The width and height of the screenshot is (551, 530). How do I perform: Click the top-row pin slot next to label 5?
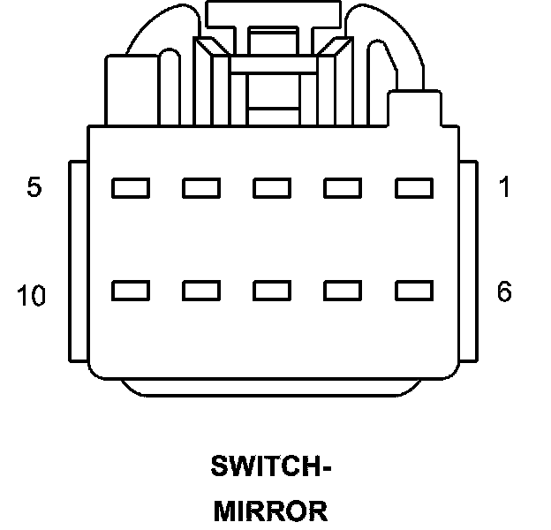pyautogui.click(x=130, y=188)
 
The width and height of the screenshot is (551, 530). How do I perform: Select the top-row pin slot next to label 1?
pyautogui.click(x=413, y=188)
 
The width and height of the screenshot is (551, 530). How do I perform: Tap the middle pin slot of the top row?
pyautogui.click(x=271, y=188)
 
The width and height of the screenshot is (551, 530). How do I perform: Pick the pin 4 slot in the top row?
pyautogui.click(x=200, y=188)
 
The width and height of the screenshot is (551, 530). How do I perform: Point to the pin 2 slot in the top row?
pyautogui.click(x=343, y=188)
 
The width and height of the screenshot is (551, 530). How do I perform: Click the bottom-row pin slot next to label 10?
pyautogui.click(x=130, y=290)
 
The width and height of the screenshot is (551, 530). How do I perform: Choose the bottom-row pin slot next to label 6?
pyautogui.click(x=413, y=290)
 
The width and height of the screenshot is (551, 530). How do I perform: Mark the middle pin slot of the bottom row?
pyautogui.click(x=271, y=290)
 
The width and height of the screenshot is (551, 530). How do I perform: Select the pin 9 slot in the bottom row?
pyautogui.click(x=200, y=290)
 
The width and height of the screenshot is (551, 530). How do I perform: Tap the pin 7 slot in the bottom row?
pyautogui.click(x=343, y=290)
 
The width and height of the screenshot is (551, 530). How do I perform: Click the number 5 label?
pyautogui.click(x=34, y=188)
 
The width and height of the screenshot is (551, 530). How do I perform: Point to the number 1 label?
pyautogui.click(x=504, y=188)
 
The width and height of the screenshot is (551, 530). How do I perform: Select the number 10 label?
pyautogui.click(x=31, y=297)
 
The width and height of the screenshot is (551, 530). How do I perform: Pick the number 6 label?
pyautogui.click(x=504, y=292)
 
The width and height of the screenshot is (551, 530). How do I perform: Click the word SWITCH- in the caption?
pyautogui.click(x=271, y=466)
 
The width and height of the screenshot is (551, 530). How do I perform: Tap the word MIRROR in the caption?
pyautogui.click(x=271, y=511)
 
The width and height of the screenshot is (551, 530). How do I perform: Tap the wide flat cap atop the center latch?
pyautogui.click(x=274, y=13)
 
